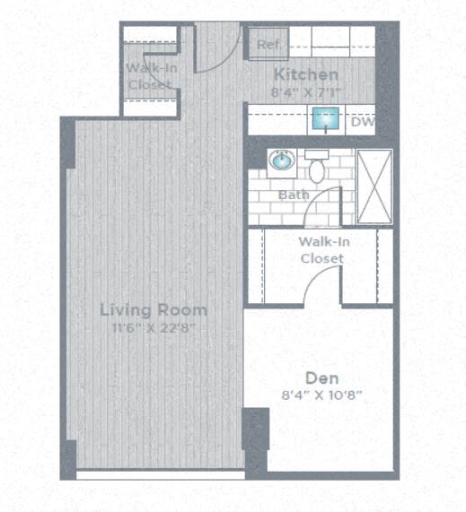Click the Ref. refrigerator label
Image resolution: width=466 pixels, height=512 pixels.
point(267,44)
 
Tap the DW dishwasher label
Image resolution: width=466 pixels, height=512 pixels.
point(363,122)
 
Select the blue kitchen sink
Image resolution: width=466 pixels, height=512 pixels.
point(324,118)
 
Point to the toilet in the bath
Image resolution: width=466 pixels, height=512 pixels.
point(317,165)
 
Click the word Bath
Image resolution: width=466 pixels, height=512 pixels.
point(293,195)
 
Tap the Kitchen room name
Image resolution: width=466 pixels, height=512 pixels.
point(306,75)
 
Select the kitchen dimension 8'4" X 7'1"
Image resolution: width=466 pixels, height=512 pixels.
point(306,91)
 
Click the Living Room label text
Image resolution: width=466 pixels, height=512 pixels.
point(153,310)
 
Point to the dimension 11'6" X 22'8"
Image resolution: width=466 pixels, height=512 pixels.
point(153,327)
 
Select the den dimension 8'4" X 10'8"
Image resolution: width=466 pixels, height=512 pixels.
point(321,394)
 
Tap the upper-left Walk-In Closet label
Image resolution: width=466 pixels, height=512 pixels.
point(150,76)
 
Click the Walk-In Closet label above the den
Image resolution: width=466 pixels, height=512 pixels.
point(321,249)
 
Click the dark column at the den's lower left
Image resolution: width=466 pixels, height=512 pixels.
point(255,429)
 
